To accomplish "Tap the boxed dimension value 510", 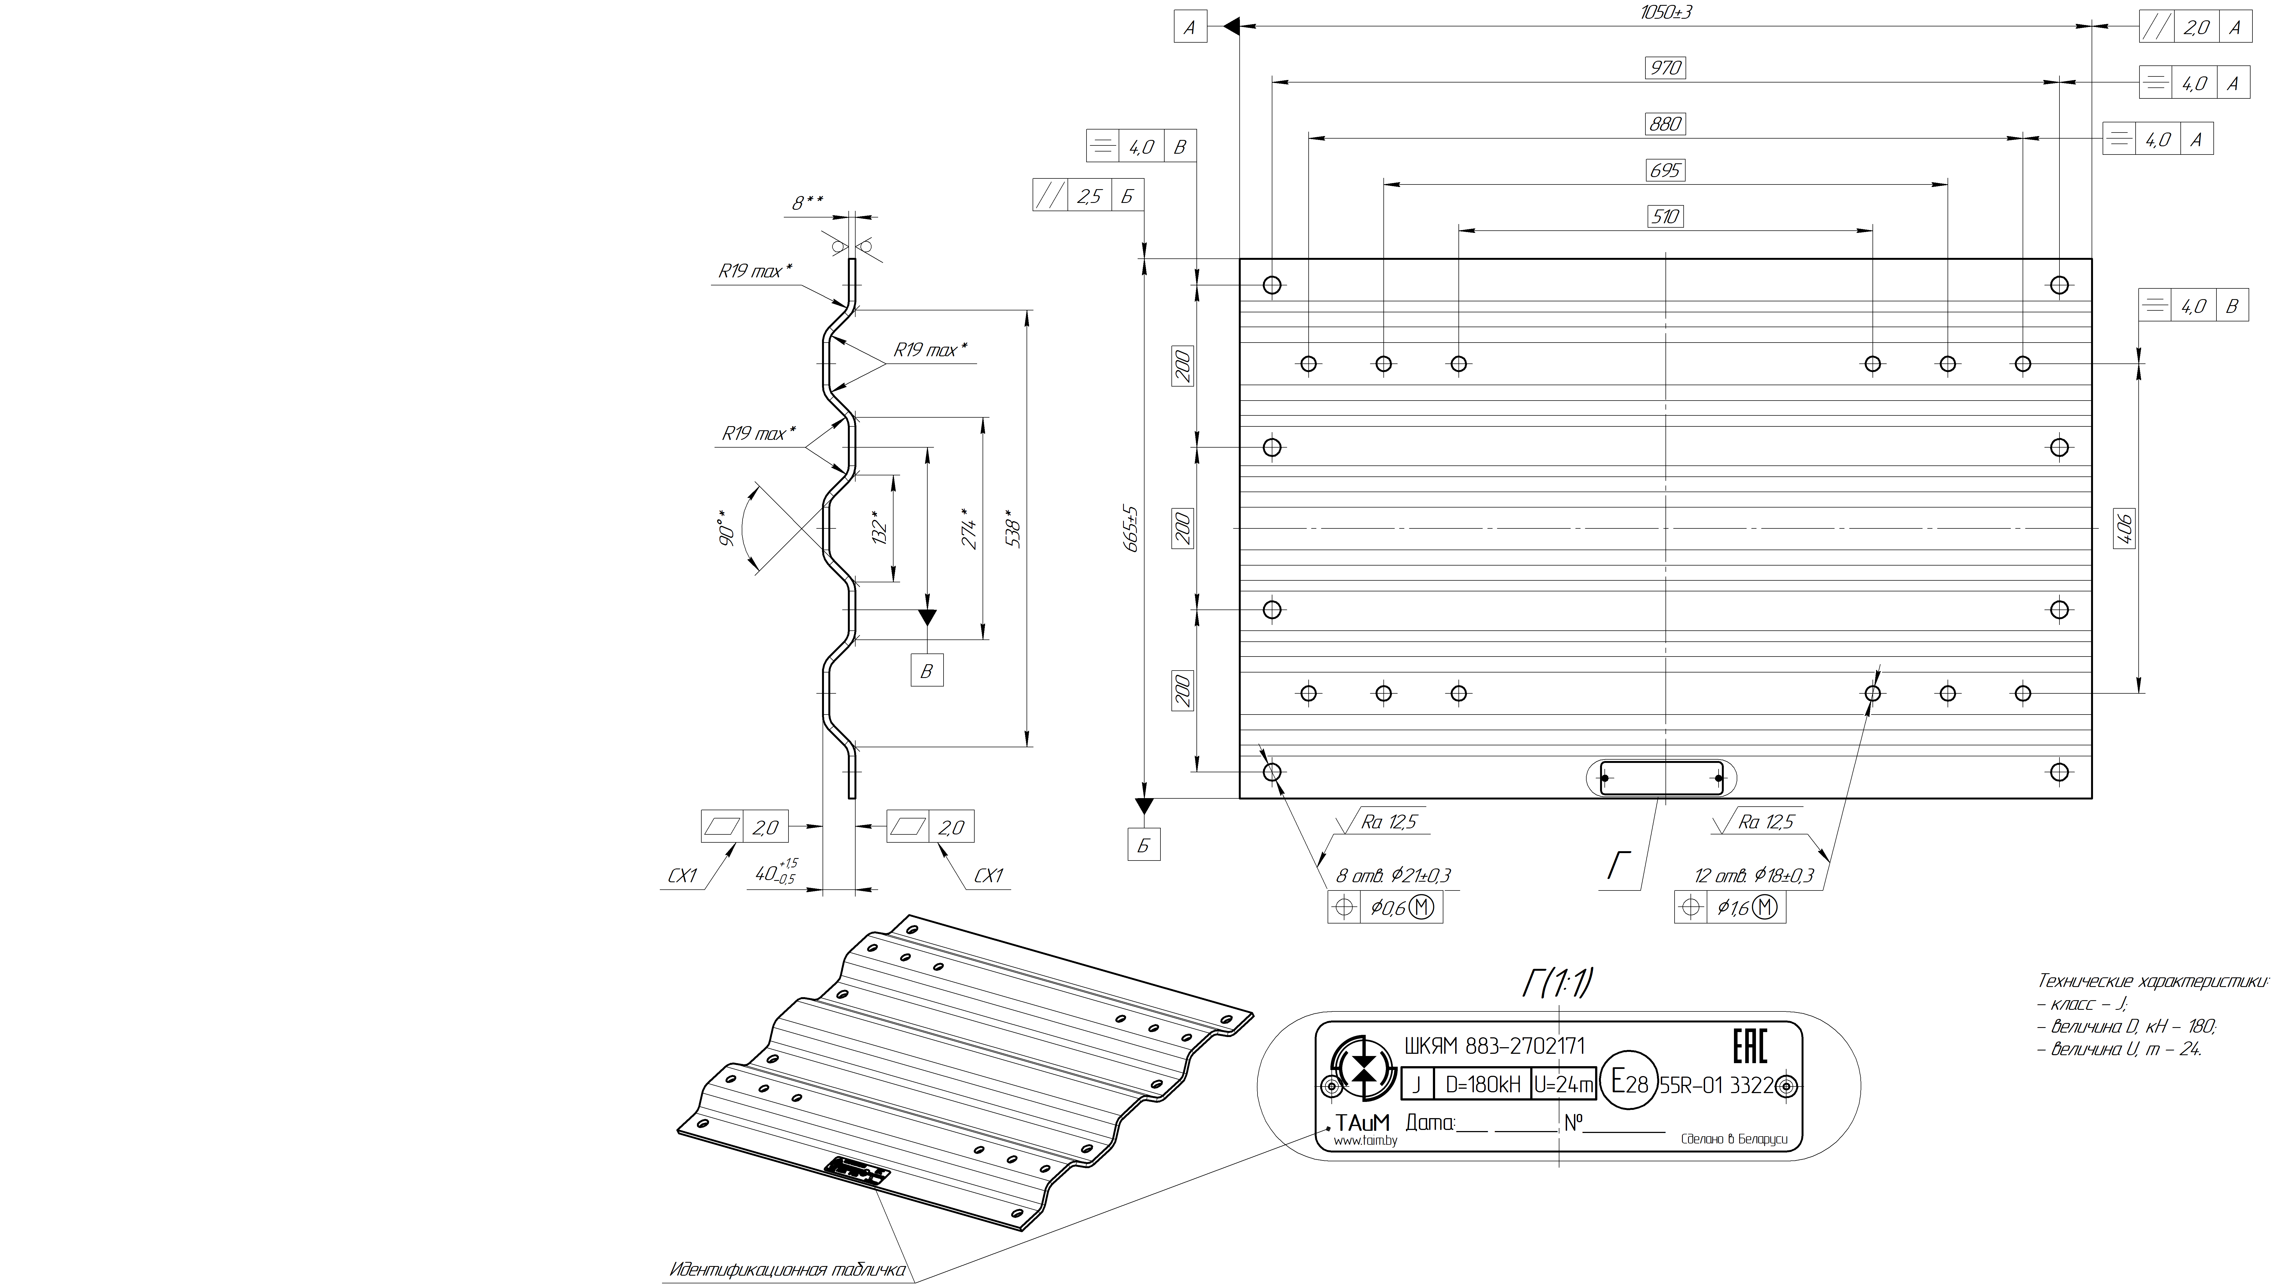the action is (1665, 216).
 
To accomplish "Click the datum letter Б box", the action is (1144, 845).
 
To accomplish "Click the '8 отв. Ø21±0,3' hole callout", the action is (1393, 875).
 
